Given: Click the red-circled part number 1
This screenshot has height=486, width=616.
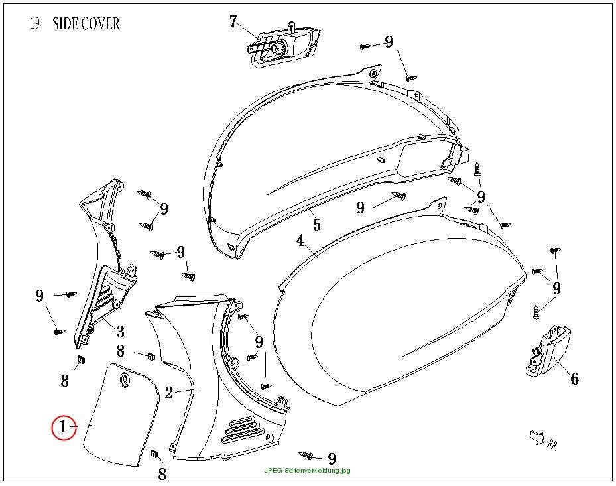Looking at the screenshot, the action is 63,427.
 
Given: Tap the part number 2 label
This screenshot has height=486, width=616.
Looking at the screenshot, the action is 169,392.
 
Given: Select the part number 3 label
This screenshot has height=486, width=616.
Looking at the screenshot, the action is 121,332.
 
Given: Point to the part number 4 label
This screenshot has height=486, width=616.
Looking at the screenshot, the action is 300,241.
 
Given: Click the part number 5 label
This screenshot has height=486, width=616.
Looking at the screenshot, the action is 317,224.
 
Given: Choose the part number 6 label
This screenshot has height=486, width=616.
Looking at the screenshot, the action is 574,379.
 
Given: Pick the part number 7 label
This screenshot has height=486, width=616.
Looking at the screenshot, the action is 233,21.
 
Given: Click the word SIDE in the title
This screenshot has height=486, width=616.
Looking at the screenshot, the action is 65,24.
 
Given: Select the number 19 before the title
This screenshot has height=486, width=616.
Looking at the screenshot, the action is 34,23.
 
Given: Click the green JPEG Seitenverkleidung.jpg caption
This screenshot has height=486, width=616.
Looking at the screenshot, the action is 307,470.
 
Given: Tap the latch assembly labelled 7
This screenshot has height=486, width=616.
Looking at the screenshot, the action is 284,44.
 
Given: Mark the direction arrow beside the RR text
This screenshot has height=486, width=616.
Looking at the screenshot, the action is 537,436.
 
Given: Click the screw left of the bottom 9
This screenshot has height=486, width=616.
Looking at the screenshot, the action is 306,456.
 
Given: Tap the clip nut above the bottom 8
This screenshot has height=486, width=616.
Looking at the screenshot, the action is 154,454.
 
